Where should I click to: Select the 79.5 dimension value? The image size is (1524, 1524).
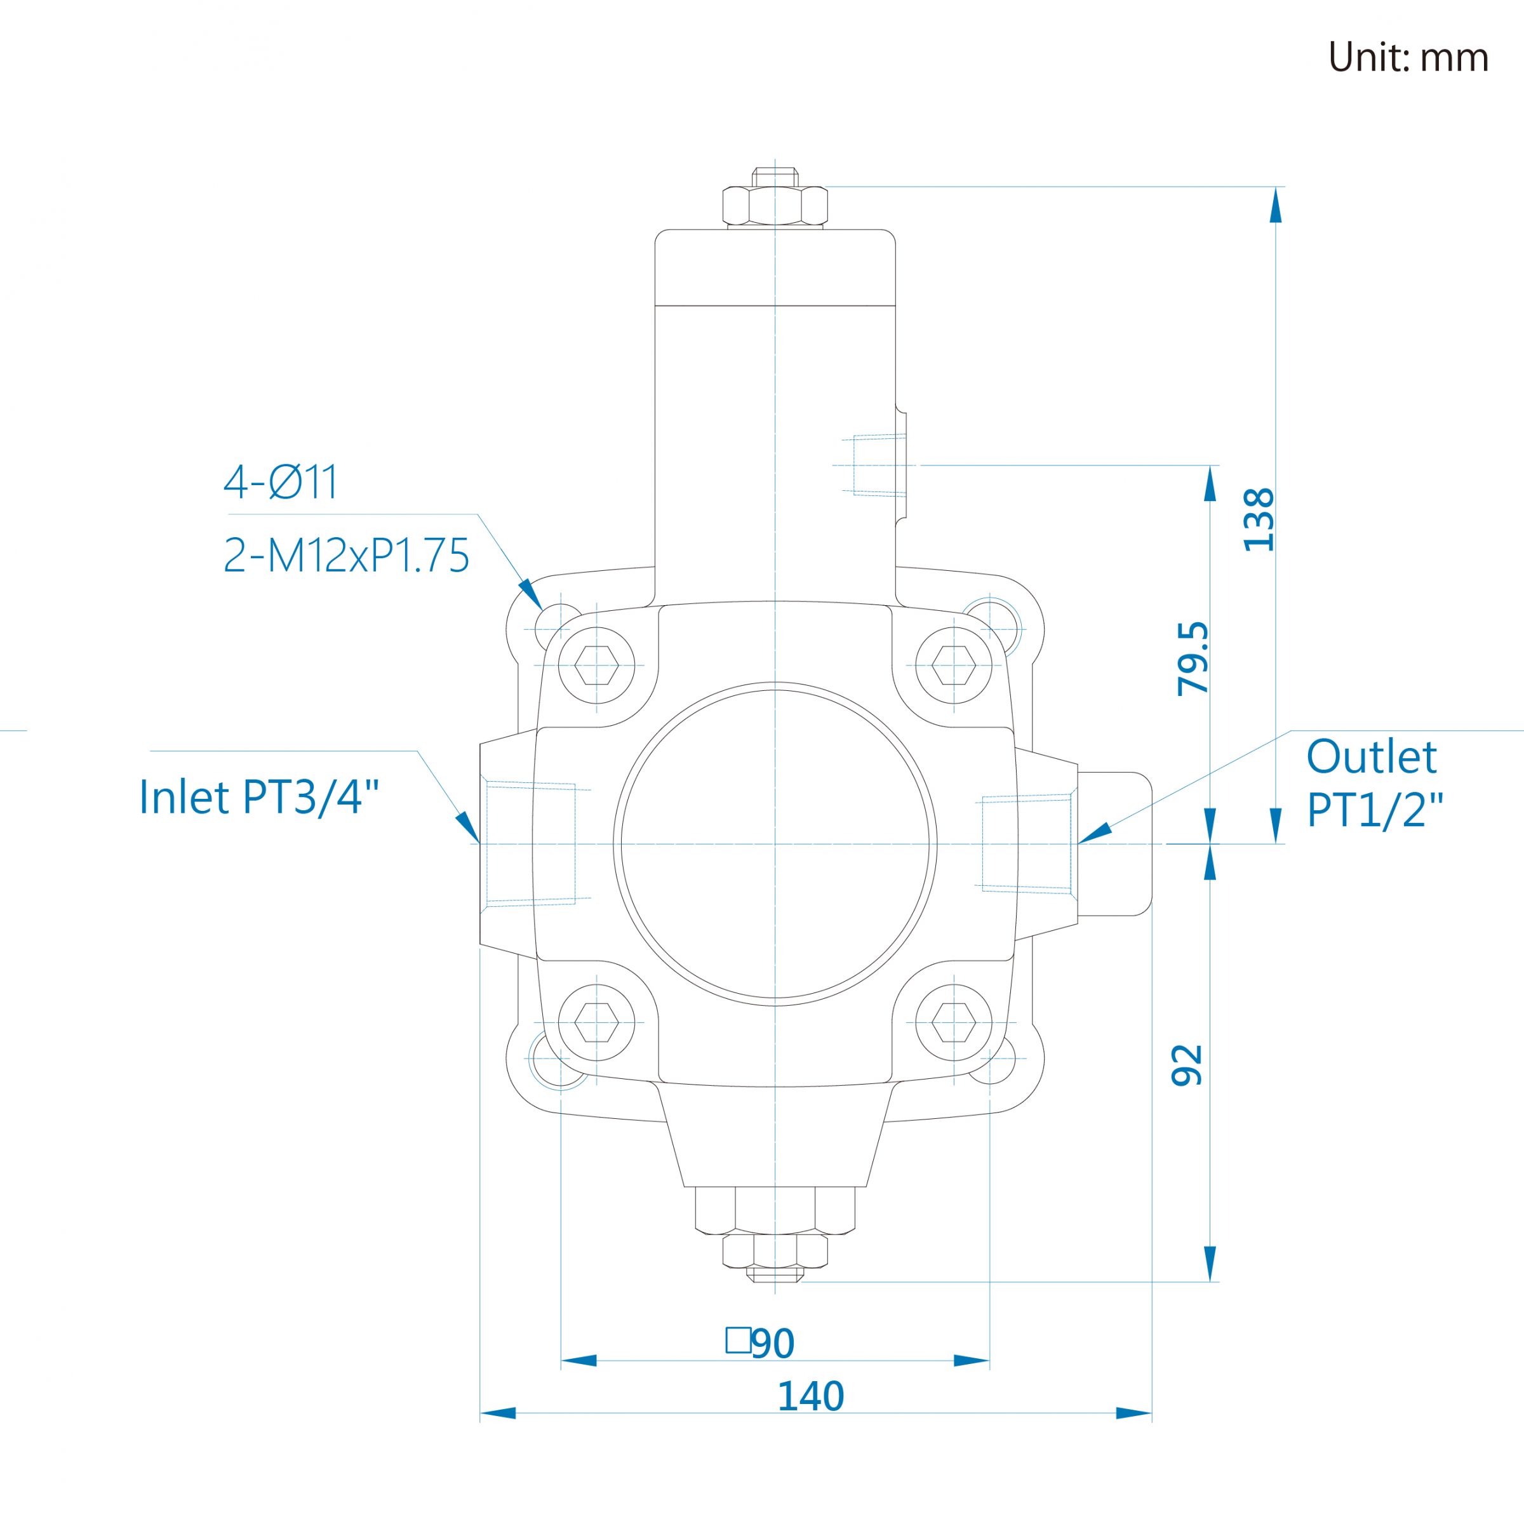[1193, 658]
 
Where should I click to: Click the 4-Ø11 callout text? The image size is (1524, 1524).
[281, 482]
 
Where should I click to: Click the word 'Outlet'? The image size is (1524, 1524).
[1372, 758]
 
